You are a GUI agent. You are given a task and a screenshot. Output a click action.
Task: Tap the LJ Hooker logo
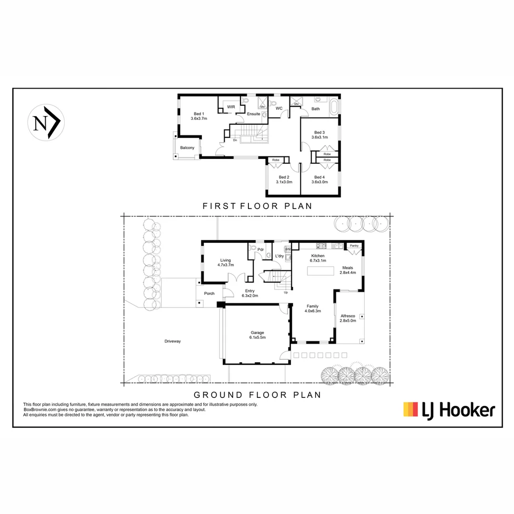pos(449,410)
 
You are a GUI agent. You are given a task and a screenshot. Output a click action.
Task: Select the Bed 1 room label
pos(199,114)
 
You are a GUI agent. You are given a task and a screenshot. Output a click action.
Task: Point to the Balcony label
pos(187,148)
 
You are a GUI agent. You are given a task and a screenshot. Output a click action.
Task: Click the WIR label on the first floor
pos(231,107)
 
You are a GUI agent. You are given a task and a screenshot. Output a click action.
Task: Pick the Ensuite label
pos(254,114)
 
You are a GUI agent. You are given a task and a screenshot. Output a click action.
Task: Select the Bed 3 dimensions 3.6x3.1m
pos(319,137)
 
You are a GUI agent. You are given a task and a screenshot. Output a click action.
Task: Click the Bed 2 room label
pos(284,177)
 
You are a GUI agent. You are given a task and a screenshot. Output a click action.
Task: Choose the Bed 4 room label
pos(319,177)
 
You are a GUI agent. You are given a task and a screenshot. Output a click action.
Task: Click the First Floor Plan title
pos(257,206)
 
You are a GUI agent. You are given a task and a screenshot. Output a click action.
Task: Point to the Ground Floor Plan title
pos(257,395)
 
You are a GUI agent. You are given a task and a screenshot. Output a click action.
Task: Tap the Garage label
pos(257,333)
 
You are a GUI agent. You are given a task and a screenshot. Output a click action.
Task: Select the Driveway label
pos(173,341)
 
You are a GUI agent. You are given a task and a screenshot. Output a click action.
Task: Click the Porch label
pos(209,293)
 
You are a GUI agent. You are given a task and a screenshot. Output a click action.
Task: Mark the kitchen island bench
pos(322,270)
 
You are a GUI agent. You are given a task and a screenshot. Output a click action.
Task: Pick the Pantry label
pos(354,246)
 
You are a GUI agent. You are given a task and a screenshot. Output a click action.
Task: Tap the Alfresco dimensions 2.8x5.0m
pos(348,320)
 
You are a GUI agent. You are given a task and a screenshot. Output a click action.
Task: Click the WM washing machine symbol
pos(287,249)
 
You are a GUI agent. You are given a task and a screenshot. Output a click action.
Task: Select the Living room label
pos(225,260)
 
